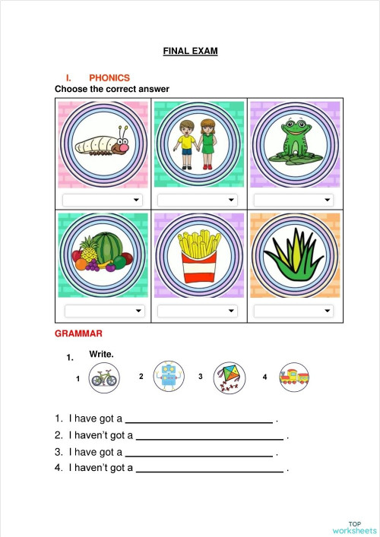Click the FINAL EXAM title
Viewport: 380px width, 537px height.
[190, 51]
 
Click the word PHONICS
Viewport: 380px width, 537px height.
[109, 77]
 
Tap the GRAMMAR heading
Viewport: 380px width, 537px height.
[78, 333]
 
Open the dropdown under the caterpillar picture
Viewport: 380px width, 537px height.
[103, 200]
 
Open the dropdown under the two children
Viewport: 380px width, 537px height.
[198, 200]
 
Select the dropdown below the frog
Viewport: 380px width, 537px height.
[293, 200]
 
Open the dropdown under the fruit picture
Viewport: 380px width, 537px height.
[104, 311]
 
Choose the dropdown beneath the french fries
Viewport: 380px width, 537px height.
[198, 311]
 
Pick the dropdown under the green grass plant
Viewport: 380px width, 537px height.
[293, 311]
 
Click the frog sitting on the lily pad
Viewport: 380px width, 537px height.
[293, 143]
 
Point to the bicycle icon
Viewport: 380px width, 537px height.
[103, 377]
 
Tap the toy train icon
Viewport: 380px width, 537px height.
[294, 377]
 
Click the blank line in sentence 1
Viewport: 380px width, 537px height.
[198, 420]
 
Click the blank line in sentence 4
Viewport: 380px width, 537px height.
[209, 469]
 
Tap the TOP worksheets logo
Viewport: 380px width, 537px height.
[354, 527]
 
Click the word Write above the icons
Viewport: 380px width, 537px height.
[101, 354]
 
